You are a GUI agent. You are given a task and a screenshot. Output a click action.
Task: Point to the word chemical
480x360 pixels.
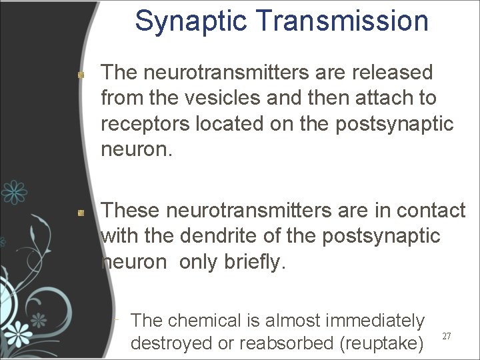pyautogui.click(x=203, y=321)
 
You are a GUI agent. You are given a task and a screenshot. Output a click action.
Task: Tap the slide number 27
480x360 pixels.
pyautogui.click(x=447, y=337)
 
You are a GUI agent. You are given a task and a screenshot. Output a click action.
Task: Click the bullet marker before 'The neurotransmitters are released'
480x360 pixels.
pyautogui.click(x=80, y=75)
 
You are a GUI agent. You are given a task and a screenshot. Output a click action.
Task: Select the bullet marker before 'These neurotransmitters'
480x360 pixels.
pyautogui.click(x=80, y=213)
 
